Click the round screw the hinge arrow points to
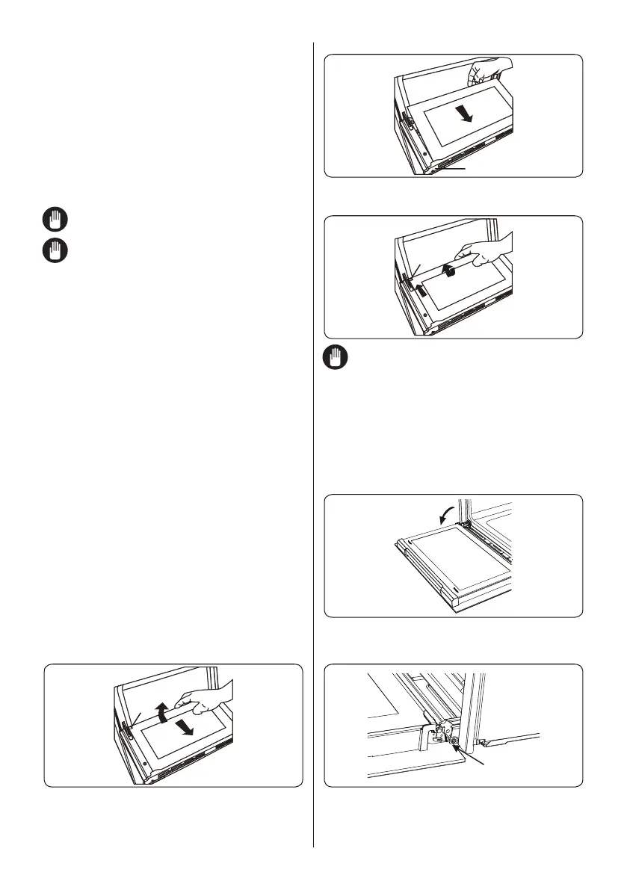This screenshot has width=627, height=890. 454,741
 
